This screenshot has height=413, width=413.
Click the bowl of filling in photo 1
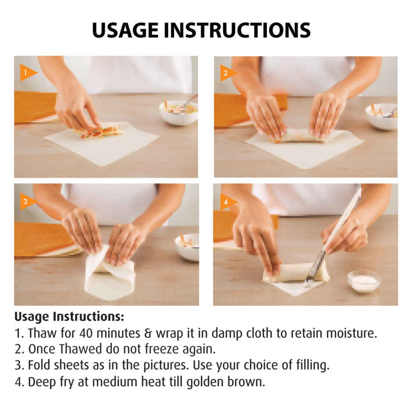pos(178,112)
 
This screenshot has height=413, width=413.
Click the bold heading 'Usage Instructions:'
pos(69,316)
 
